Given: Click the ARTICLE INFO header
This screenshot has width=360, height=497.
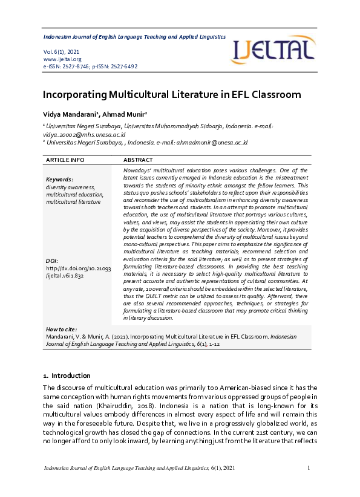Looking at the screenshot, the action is (65, 160).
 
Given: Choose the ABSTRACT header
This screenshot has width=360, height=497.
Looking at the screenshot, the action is (138, 160).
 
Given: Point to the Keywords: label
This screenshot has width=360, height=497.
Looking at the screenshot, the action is (59, 180).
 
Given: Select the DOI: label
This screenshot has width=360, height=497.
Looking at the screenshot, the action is (52, 261).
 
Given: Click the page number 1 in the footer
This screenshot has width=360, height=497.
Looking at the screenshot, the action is (309, 468).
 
